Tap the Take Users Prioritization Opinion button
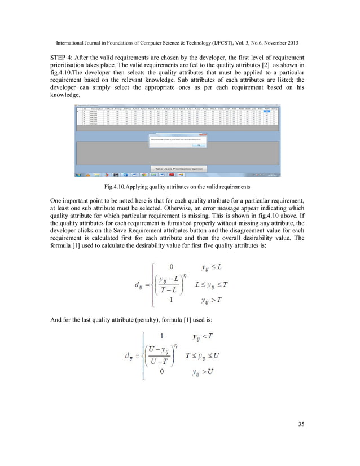[x=179, y=168]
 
